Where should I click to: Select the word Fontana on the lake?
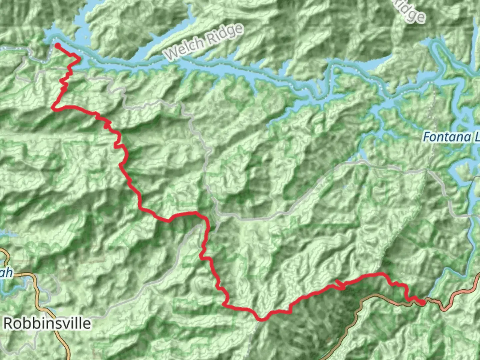coord(442,137)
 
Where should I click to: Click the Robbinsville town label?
coord(47,323)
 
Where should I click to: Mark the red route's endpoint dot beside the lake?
coord(57,45)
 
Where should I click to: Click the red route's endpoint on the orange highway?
coord(422,303)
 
